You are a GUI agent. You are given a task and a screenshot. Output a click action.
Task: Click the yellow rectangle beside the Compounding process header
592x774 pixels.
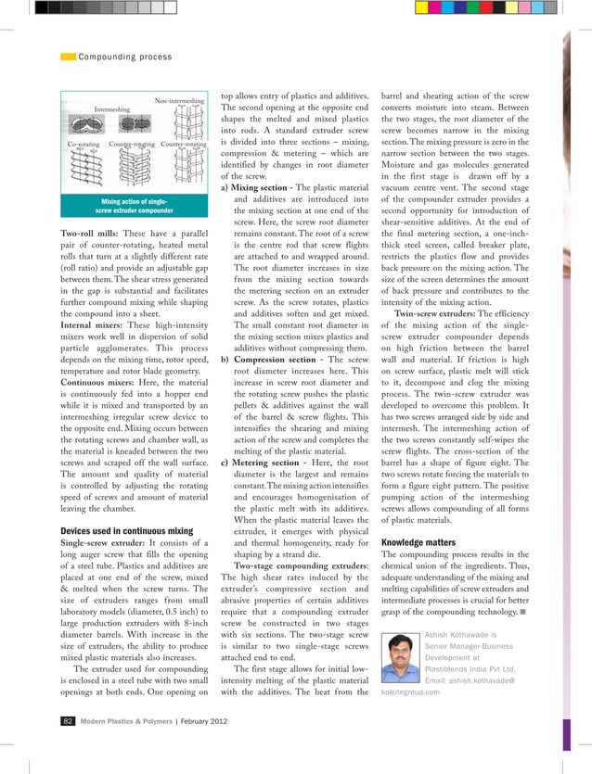pyautogui.click(x=68, y=57)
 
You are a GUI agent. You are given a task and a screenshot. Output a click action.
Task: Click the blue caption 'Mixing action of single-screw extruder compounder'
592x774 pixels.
pyautogui.click(x=134, y=205)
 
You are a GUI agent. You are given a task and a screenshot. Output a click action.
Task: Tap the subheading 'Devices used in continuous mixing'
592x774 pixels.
pyautogui.click(x=126, y=531)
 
